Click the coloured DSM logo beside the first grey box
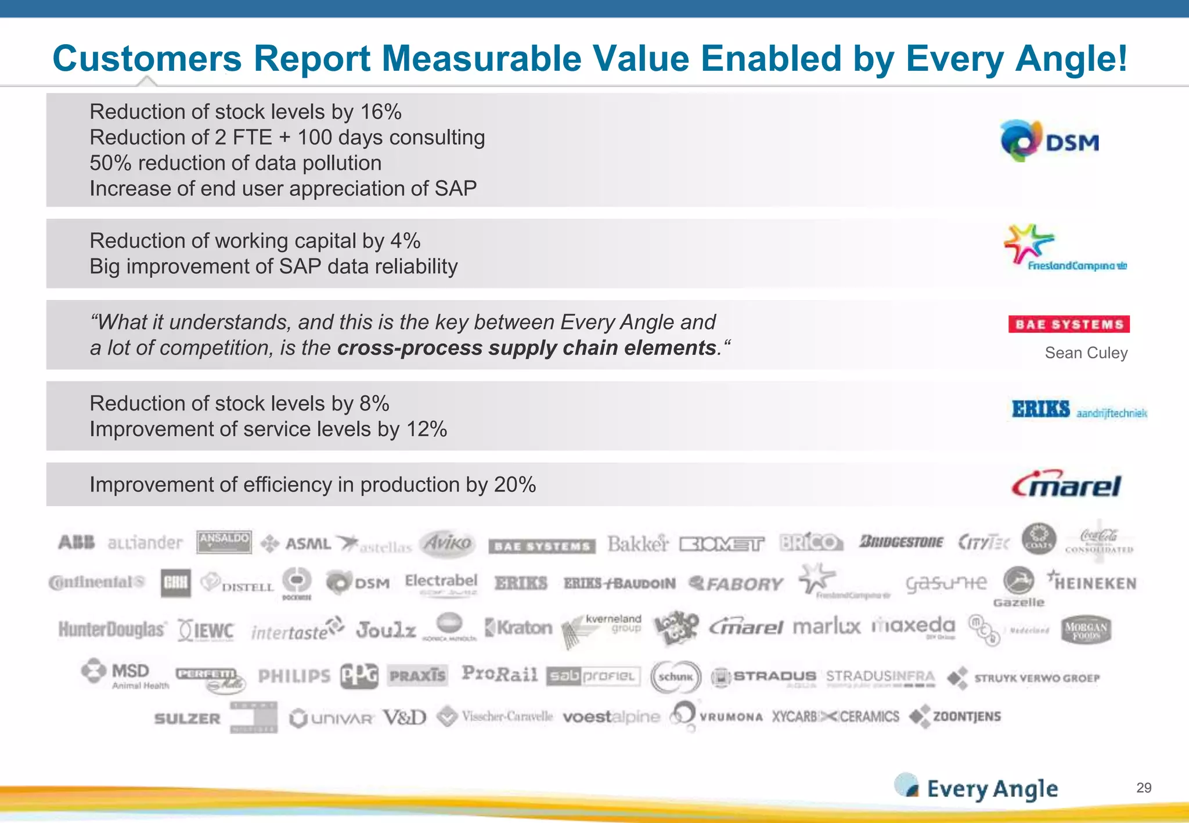point(1050,141)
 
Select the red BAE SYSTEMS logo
point(1069,324)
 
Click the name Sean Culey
point(1086,353)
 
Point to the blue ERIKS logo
point(1041,409)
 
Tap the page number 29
point(1143,788)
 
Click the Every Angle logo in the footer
point(977,788)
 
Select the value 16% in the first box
point(381,111)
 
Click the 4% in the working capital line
point(405,240)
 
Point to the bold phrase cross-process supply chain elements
point(527,348)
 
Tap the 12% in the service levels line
point(427,429)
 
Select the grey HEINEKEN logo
point(1091,582)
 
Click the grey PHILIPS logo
point(294,676)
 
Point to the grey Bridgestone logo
point(901,542)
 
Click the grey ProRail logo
point(499,674)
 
